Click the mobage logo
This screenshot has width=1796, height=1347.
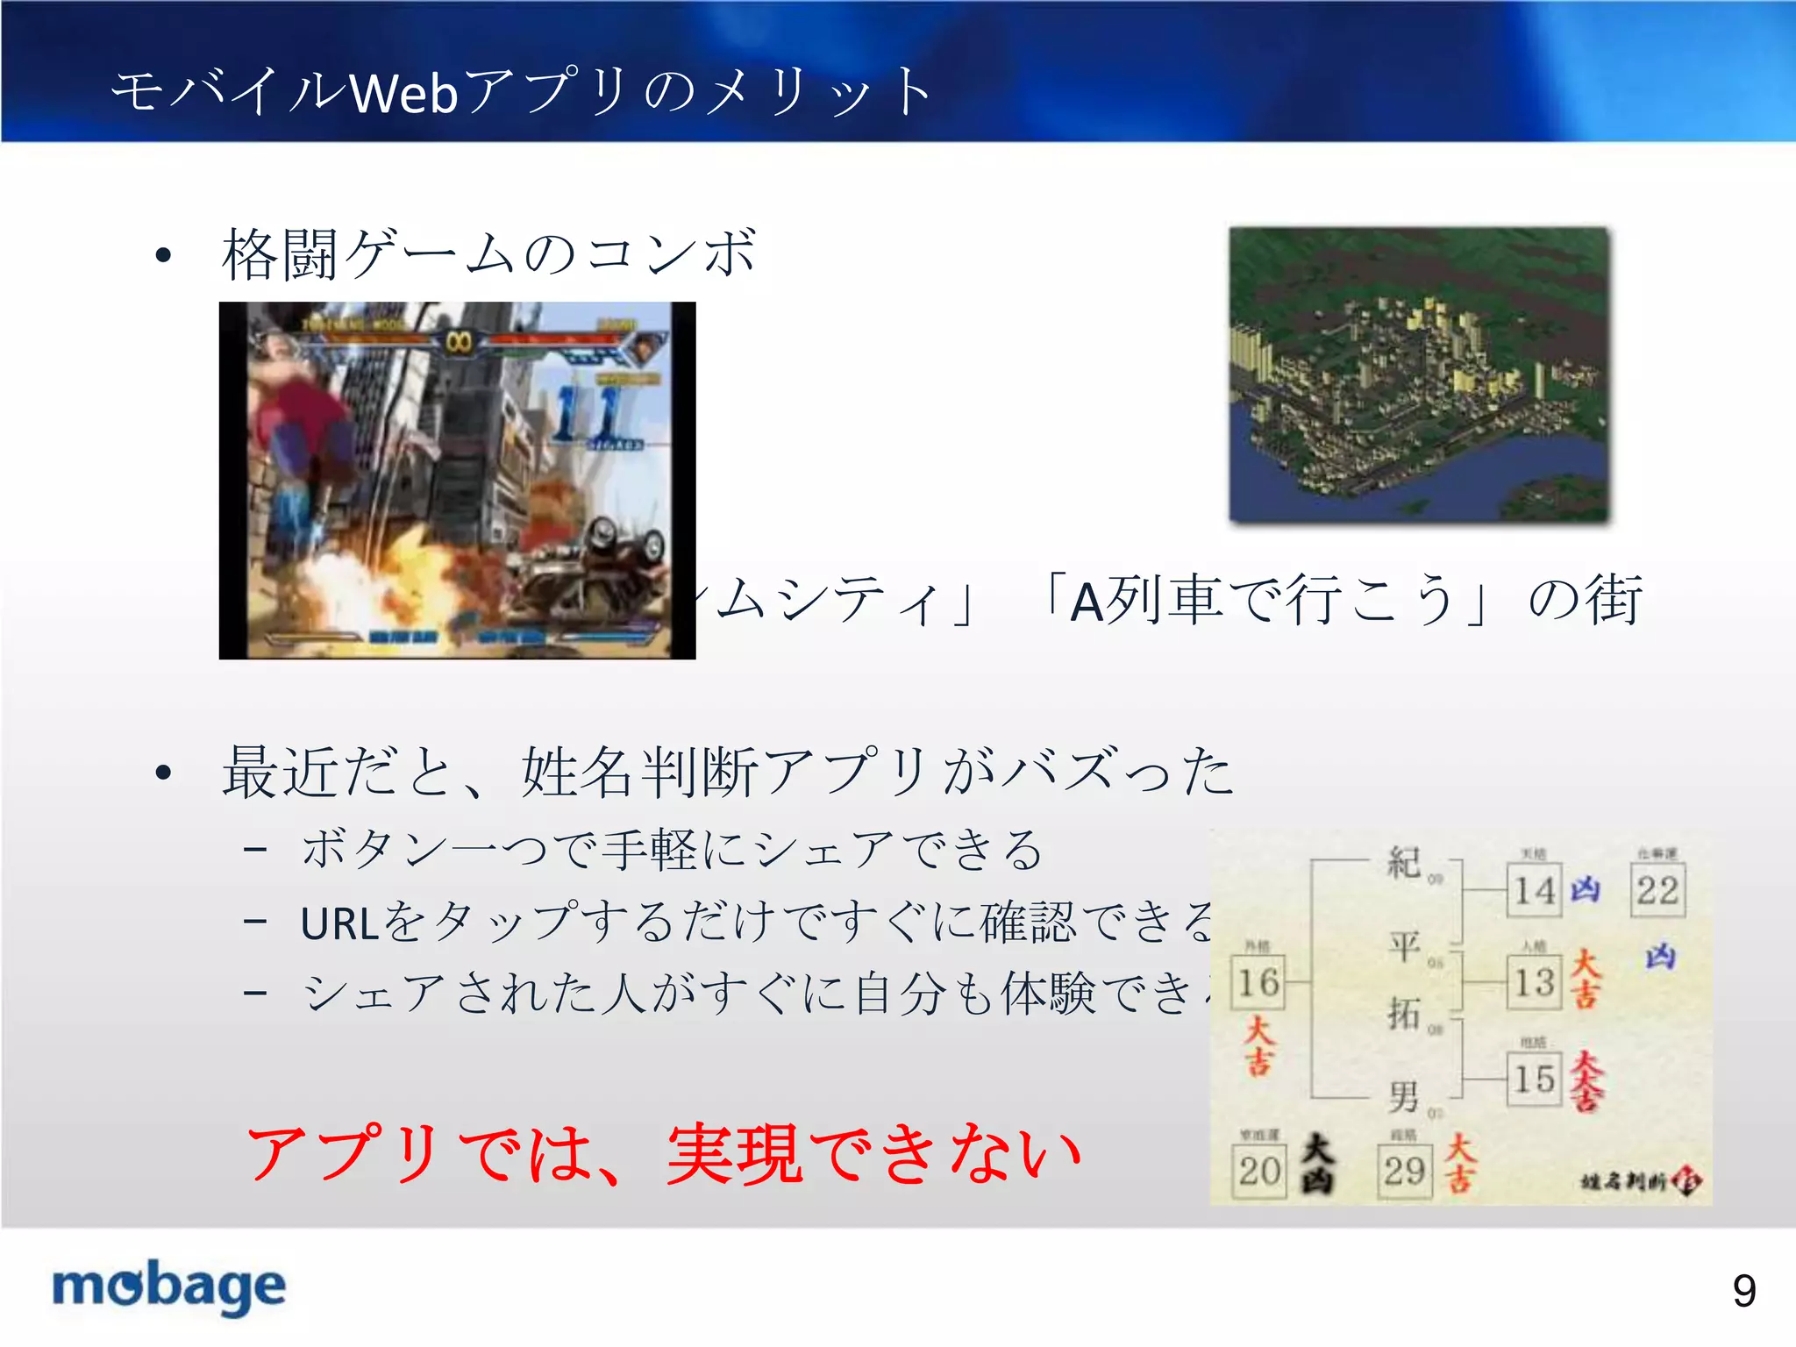coord(169,1287)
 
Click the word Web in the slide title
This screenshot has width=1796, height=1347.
coord(403,92)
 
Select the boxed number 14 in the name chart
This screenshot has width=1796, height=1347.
coord(1534,890)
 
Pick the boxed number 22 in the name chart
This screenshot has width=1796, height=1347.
coord(1657,890)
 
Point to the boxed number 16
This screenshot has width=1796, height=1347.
coord(1258,982)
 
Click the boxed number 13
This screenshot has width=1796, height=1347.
coord(1534,982)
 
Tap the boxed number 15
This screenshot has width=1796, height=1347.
coord(1534,1079)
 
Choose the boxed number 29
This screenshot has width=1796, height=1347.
coord(1404,1171)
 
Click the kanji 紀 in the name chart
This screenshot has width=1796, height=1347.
coord(1404,862)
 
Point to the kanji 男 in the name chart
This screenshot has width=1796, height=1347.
coord(1404,1095)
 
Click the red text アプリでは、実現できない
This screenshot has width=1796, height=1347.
coord(664,1153)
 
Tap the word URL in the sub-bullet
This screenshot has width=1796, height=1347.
coord(340,923)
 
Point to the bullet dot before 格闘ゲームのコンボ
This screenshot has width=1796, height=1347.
coord(163,256)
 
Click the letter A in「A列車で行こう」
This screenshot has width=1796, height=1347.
coord(1087,602)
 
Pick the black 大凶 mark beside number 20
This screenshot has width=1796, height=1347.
coord(1317,1163)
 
